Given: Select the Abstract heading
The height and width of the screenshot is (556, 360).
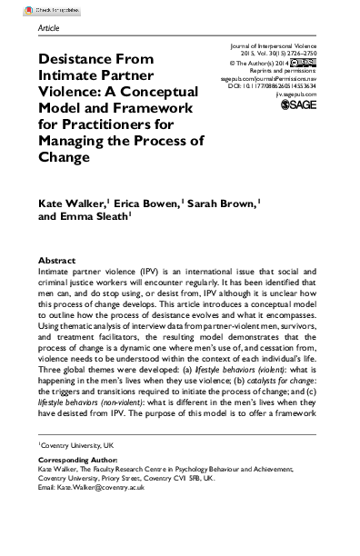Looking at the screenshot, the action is pyautogui.click(x=58, y=233).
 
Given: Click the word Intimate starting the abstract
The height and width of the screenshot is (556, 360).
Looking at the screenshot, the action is pyautogui.click(x=57, y=246).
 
